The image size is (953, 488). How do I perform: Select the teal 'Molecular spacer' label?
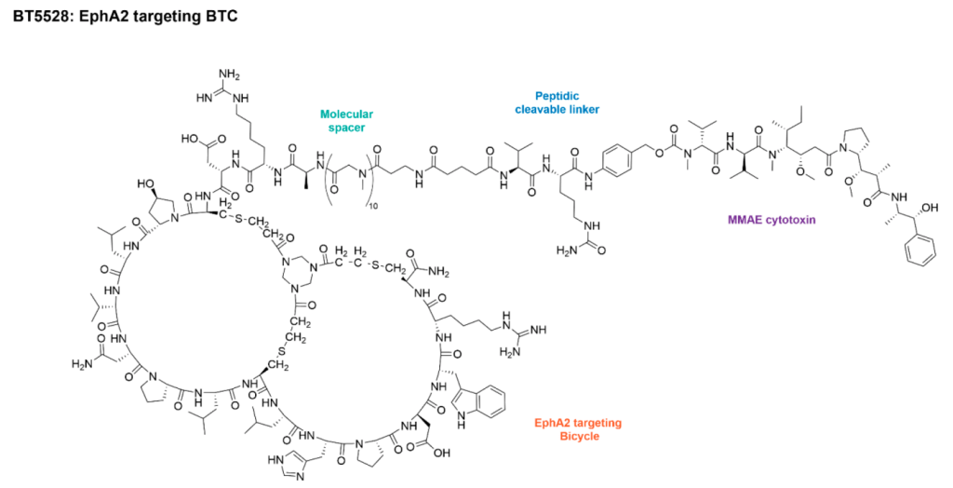click(x=342, y=121)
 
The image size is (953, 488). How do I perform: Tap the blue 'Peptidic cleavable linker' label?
click(x=557, y=102)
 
